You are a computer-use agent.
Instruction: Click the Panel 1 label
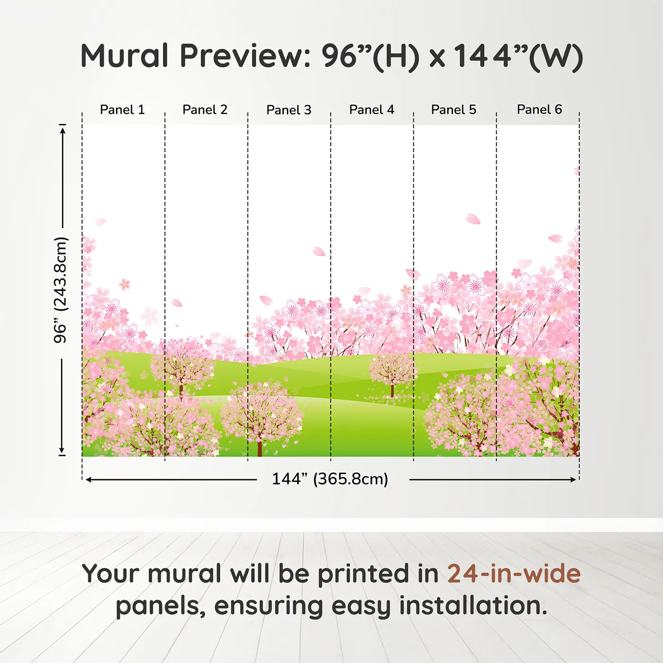[x=122, y=110]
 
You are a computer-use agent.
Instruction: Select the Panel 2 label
[x=205, y=110]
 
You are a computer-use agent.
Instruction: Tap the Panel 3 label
[x=288, y=110]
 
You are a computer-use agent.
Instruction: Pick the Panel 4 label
[x=371, y=110]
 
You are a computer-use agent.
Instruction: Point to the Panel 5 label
[x=453, y=110]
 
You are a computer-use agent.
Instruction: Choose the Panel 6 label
[x=539, y=109]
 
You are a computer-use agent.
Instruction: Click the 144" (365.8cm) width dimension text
[x=330, y=479]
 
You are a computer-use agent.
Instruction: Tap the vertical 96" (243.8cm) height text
[x=61, y=290]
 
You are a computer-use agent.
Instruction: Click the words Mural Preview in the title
[x=194, y=56]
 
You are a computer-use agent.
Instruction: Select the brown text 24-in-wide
[x=514, y=574]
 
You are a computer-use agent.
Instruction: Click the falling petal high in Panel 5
[x=473, y=219]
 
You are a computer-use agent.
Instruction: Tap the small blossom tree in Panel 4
[x=392, y=372]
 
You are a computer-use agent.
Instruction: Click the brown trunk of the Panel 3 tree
[x=260, y=448]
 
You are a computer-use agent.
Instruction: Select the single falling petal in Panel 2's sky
[x=177, y=303]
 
